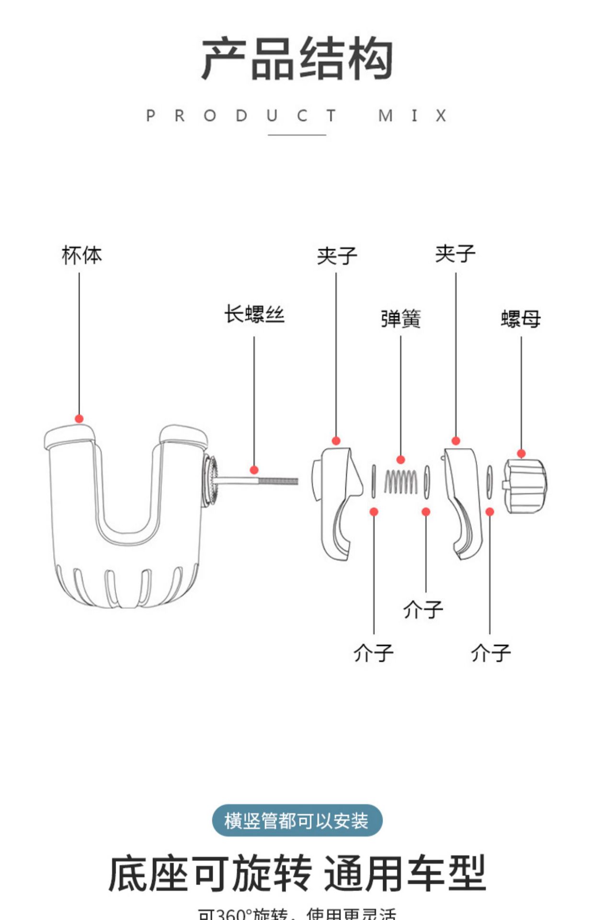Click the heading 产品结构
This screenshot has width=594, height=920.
pos(297,59)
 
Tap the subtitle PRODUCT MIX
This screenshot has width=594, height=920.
pos(297,116)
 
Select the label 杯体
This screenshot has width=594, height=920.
pos(81,255)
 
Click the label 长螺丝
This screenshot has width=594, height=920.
pos(254,315)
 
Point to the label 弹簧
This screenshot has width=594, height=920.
pos(401,319)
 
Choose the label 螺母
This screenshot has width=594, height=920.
pos(521,319)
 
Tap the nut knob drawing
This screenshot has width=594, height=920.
pos(525,485)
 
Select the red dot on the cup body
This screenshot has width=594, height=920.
pos(80,419)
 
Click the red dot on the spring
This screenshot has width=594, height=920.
pos(401,460)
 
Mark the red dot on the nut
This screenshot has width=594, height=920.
pos(521,453)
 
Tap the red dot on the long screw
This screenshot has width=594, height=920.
pos(254,470)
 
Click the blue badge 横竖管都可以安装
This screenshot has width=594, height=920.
pos(297,821)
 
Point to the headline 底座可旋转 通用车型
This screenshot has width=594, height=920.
pos(297,873)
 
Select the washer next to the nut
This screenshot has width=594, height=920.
pos(489,482)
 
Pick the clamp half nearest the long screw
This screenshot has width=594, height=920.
pos(337,501)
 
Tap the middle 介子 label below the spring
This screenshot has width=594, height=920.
pos(423,610)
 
